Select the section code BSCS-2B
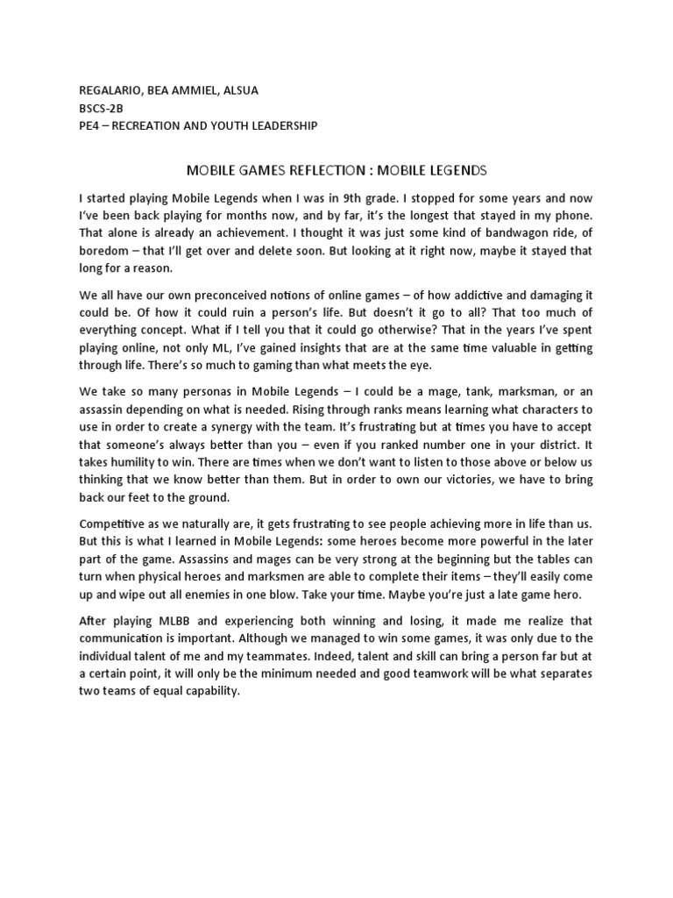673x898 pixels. (100, 107)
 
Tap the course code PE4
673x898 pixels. (89, 125)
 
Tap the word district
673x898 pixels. (552, 454)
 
